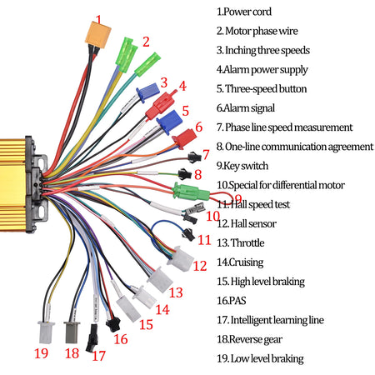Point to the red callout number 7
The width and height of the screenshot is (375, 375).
[205, 154]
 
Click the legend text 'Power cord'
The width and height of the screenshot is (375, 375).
[248, 12]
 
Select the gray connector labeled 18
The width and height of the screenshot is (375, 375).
[72, 332]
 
